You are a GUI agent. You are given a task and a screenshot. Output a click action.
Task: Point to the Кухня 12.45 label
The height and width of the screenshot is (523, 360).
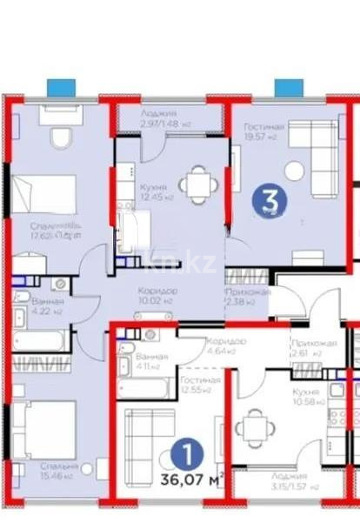coord(157,191)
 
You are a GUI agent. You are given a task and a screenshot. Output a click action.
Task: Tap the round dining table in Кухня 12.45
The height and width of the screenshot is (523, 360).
coord(191,184)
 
